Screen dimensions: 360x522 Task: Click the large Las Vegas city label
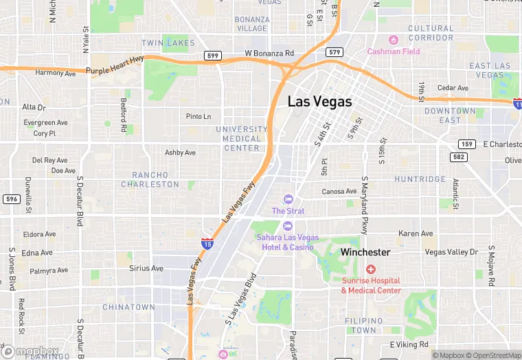319,102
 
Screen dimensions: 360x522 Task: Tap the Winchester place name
365,252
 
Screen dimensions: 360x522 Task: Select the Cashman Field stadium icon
394,40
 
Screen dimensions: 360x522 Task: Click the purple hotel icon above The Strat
288,199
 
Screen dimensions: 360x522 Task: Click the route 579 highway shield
334,52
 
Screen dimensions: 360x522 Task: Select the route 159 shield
467,144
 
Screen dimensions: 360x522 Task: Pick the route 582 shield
458,157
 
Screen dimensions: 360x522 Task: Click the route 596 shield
11,199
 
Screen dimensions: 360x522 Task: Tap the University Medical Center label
242,138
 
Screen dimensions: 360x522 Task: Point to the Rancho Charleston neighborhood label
150,180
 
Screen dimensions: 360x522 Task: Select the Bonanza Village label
251,24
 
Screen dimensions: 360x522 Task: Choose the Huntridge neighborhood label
420,179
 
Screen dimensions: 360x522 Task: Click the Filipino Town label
364,326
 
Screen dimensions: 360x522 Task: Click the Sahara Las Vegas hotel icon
288,225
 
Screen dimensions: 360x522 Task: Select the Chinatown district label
128,307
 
